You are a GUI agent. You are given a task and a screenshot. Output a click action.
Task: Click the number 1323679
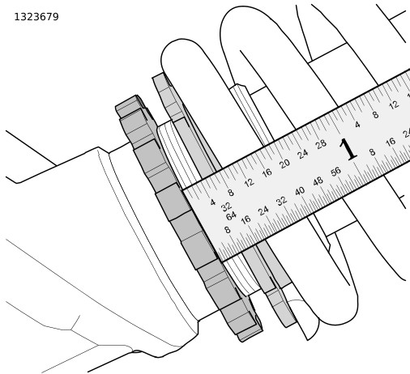36,17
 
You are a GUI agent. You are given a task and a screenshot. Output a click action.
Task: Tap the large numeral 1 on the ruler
348,149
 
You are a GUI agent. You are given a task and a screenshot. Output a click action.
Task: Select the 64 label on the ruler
231,216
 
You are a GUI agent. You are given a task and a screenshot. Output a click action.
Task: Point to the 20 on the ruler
284,164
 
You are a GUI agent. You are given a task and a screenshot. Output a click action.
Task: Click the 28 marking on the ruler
321,144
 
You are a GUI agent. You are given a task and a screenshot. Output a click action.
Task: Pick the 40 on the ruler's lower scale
300,191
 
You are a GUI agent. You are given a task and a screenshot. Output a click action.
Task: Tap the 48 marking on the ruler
318,181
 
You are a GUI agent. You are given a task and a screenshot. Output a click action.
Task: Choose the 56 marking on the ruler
336,172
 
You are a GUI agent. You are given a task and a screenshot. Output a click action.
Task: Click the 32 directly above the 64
226,207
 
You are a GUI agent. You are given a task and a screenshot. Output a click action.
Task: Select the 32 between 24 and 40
281,201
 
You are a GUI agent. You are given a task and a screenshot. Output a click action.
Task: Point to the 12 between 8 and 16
249,183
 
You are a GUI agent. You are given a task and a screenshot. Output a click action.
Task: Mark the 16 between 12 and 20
267,172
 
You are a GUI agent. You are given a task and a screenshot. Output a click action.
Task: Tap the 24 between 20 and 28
302,154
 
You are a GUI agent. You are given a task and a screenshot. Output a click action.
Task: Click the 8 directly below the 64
228,230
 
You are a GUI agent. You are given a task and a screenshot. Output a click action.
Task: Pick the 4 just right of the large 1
357,125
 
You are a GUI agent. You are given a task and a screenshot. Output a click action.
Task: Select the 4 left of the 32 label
213,202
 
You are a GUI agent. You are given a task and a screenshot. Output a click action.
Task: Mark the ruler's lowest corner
222,261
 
